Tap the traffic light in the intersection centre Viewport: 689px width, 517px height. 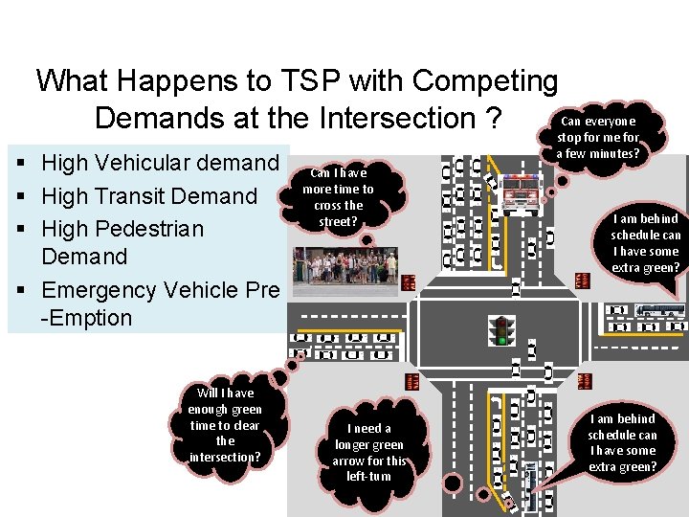(500, 330)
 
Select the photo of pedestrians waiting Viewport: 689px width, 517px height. (345, 266)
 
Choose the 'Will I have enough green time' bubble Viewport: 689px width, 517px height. (225, 424)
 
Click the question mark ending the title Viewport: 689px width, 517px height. (493, 118)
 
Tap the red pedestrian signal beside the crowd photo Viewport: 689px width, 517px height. (409, 282)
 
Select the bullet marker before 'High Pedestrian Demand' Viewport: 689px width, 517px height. (21, 230)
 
